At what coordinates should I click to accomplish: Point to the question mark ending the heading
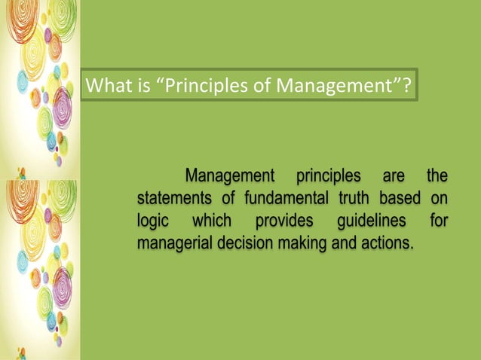[406, 87]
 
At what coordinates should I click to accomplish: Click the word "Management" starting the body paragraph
[230, 177]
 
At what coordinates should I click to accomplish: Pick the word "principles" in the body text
[328, 177]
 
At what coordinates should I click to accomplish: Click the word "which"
[212, 221]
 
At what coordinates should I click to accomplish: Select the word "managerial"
[173, 244]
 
